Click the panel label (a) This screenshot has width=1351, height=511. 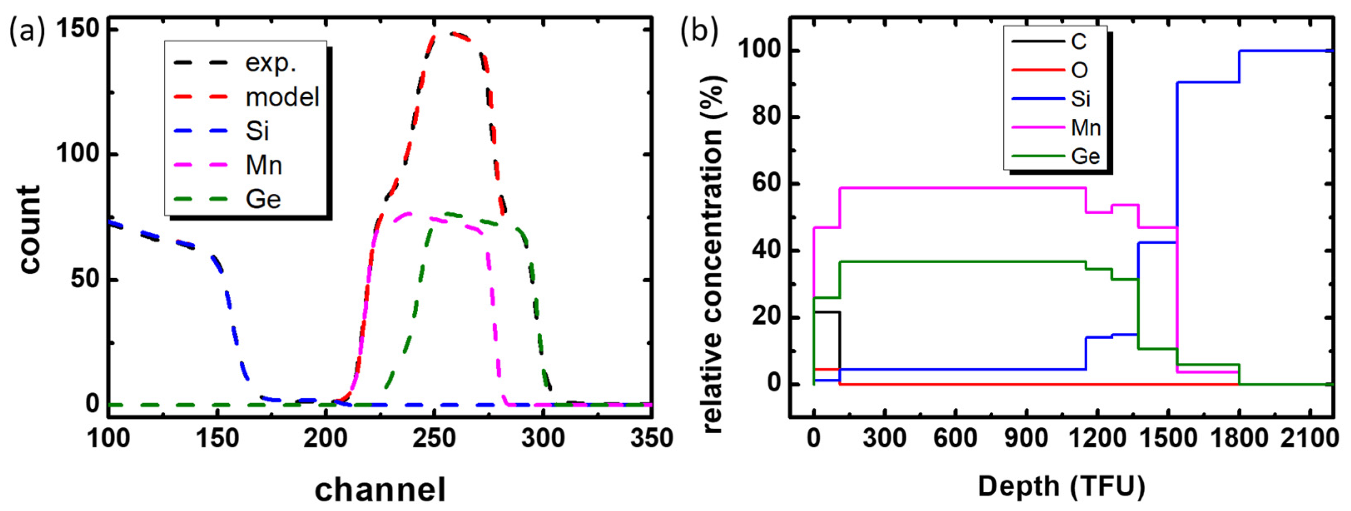[27, 32]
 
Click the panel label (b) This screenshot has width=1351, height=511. [699, 32]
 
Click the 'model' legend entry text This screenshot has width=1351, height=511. [282, 97]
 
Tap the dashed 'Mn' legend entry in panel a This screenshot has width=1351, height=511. [264, 165]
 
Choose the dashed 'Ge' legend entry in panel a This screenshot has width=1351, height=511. [263, 200]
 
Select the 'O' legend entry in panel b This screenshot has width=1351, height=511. [1079, 70]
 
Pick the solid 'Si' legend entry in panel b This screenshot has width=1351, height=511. [1081, 99]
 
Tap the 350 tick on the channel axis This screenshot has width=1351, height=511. [652, 438]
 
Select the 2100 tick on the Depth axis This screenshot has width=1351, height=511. [1309, 438]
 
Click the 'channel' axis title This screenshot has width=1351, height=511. [380, 489]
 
